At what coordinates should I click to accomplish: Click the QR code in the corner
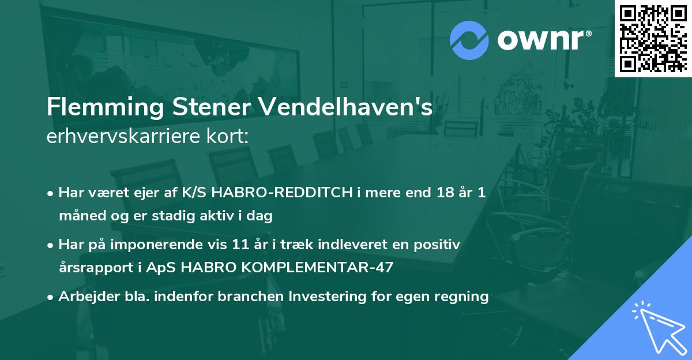[x=653, y=38]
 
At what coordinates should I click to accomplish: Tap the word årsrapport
[x=92, y=268]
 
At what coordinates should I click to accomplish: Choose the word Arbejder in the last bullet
[x=85, y=297]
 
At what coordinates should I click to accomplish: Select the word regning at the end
[x=463, y=297]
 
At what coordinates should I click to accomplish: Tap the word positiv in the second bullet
[x=440, y=245]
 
